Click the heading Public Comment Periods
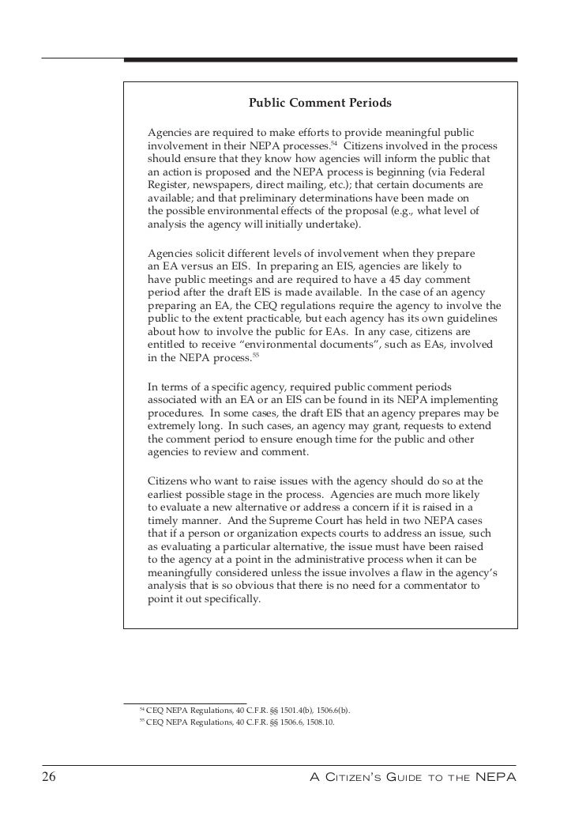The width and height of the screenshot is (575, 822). pyautogui.click(x=320, y=103)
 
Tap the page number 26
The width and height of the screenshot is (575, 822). pyautogui.click(x=49, y=778)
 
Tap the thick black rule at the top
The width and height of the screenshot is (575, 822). pyautogui.click(x=320, y=59)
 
